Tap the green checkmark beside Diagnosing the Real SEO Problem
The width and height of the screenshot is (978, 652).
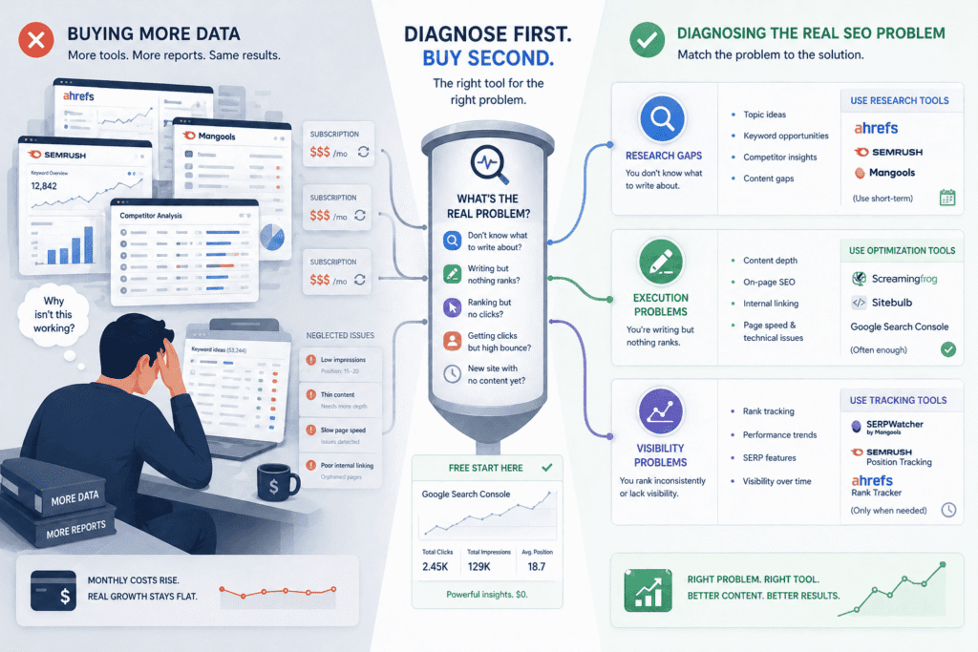(647, 40)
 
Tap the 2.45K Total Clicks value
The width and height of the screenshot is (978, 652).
(435, 567)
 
